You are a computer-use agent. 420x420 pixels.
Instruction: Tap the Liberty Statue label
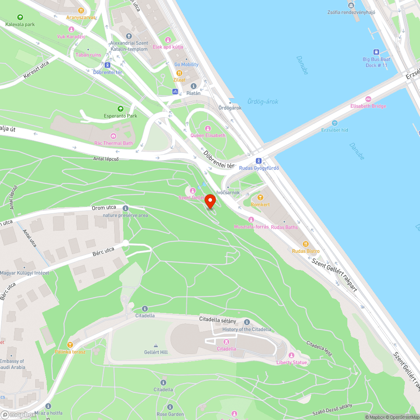(291, 362)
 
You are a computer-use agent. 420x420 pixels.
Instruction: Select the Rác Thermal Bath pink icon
(113, 136)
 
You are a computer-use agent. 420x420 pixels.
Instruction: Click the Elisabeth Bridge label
(368, 106)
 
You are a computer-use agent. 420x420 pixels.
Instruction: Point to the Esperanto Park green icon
(121, 109)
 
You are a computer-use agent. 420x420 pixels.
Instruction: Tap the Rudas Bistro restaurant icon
(306, 244)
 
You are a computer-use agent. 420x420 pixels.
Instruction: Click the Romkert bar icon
(260, 197)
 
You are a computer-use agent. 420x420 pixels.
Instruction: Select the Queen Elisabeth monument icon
(207, 128)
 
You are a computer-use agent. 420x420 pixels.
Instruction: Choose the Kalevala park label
(20, 24)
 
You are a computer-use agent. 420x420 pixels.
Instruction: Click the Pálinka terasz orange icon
(70, 344)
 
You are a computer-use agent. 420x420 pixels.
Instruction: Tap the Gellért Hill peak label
(156, 352)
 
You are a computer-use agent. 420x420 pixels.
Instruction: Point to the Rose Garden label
(170, 414)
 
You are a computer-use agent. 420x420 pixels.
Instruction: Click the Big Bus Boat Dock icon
(376, 52)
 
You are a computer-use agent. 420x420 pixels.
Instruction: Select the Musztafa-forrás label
(251, 227)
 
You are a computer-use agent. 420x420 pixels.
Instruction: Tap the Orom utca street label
(104, 207)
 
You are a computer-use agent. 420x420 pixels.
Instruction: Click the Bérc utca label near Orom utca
(103, 252)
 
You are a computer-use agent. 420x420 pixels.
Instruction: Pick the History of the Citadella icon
(247, 322)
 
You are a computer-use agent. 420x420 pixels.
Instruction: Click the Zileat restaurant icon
(179, 73)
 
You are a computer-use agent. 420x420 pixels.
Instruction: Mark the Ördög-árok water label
(262, 102)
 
